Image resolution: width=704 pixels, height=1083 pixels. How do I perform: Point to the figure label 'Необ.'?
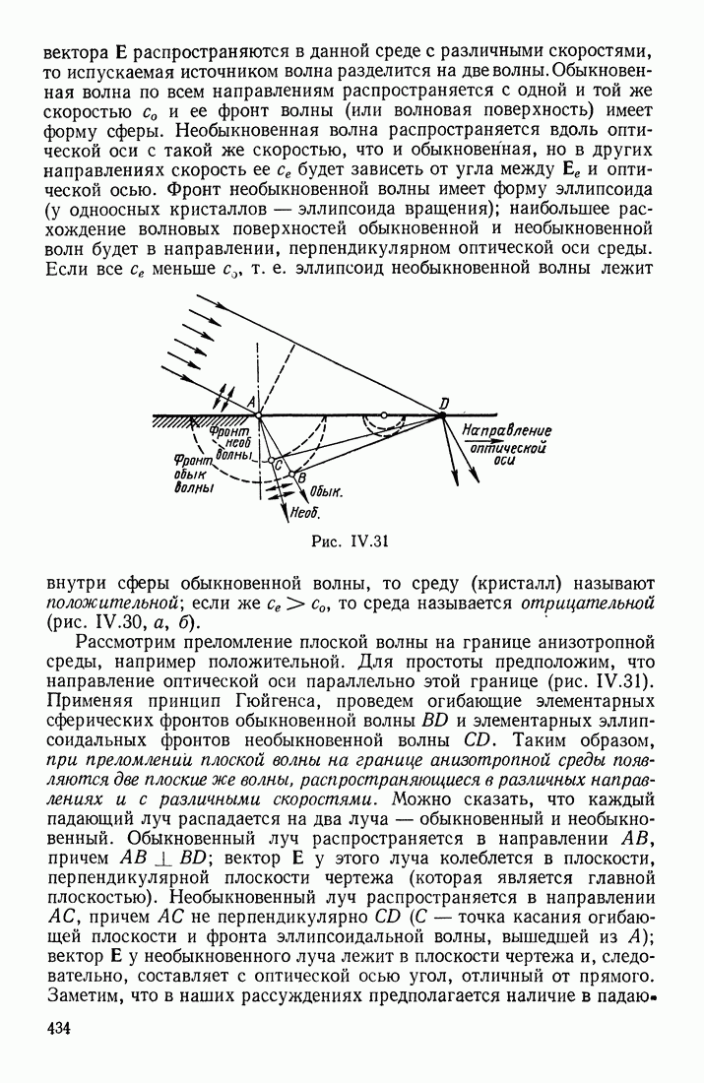tap(303, 513)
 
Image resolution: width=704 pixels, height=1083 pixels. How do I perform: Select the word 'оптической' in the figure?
tap(508, 444)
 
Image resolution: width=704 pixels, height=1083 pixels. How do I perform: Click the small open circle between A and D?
tap(383, 414)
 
